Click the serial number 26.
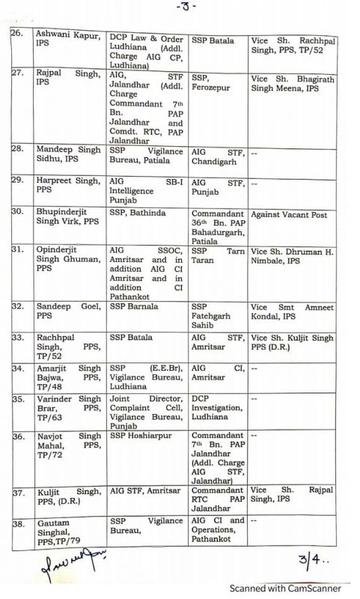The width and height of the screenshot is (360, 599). coord(17,34)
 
